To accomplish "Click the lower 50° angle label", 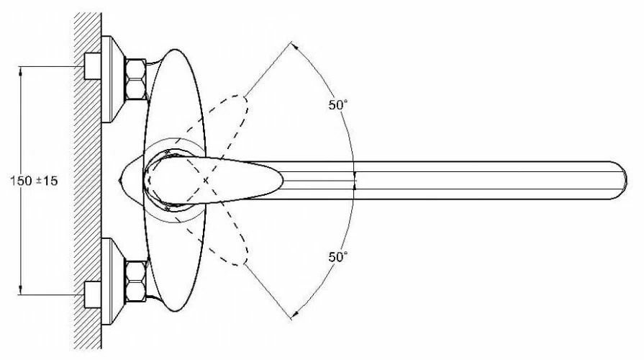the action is pyautogui.click(x=338, y=256).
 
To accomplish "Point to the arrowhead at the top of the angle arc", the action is pyautogui.click(x=294, y=44).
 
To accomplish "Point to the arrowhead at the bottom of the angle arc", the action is pyautogui.click(x=294, y=315).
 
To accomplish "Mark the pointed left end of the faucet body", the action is pyautogui.click(x=119, y=176).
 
